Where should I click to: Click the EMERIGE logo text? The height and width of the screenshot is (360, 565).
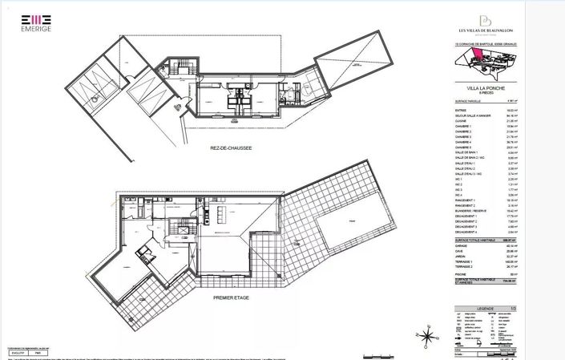point(36,30)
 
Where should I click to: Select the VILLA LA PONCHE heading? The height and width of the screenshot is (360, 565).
point(478,87)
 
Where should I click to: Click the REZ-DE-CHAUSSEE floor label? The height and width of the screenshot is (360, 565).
point(232,148)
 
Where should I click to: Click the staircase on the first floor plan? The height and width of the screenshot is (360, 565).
point(186,227)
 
